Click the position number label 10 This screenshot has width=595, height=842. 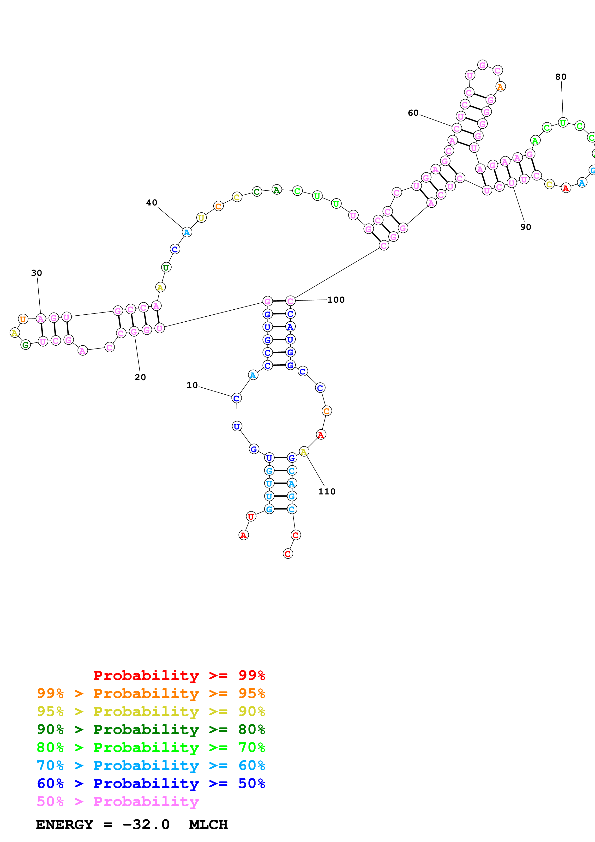pyautogui.click(x=192, y=385)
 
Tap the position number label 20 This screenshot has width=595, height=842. pyautogui.click(x=140, y=377)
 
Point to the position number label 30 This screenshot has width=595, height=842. pyautogui.click(x=36, y=273)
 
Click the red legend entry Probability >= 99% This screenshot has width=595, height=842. pyautogui.click(x=179, y=675)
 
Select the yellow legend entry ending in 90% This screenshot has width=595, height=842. pyautogui.click(x=151, y=711)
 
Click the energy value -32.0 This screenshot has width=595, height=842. pyautogui.click(x=146, y=824)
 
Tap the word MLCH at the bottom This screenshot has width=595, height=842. pyautogui.click(x=208, y=824)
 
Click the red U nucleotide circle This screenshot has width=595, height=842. pyautogui.click(x=251, y=517)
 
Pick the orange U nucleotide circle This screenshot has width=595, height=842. pyautogui.click(x=23, y=319)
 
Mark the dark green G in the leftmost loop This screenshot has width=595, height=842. pyautogui.click(x=25, y=345)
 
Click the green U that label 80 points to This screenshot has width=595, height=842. pyautogui.click(x=563, y=122)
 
